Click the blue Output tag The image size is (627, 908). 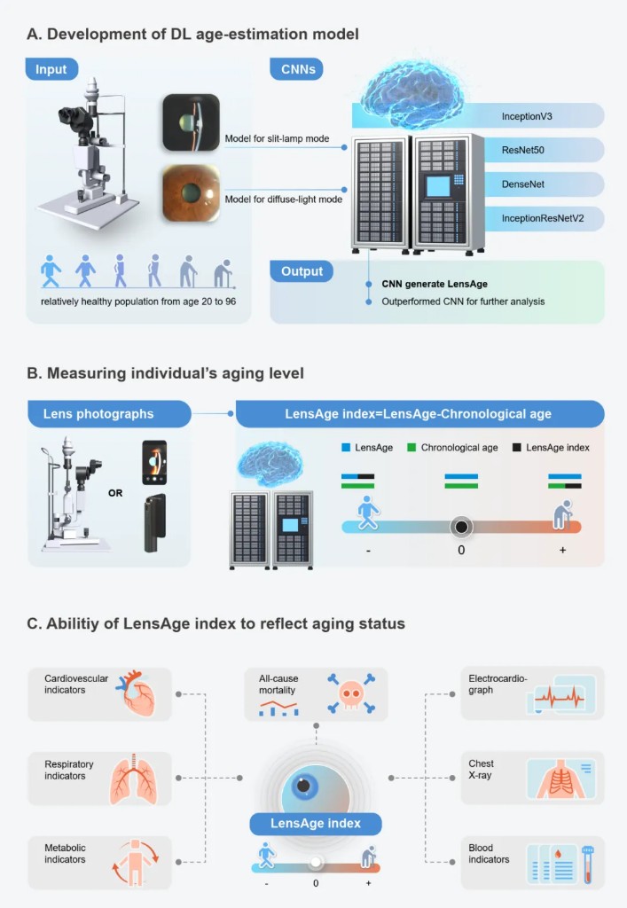[302, 271]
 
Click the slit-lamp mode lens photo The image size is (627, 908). [191, 122]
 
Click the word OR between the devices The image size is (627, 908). [116, 493]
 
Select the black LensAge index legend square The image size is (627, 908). [516, 448]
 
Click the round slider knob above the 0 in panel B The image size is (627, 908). [461, 527]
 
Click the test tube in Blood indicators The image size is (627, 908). [587, 863]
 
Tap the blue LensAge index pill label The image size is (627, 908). [316, 824]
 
